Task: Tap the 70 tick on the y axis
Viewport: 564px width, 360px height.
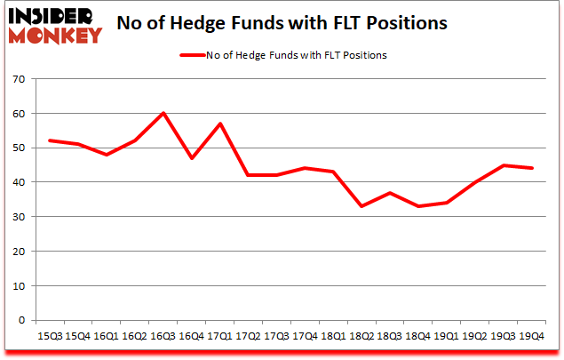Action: point(20,80)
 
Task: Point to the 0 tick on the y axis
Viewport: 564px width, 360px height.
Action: point(23,321)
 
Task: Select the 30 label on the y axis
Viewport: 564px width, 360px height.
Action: point(20,218)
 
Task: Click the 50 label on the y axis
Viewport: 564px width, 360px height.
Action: point(20,148)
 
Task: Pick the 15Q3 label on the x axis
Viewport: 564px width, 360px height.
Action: point(49,337)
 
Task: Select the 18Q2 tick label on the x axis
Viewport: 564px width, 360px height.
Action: point(364,337)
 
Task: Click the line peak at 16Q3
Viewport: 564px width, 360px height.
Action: point(163,114)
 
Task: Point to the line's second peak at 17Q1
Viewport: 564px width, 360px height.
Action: point(220,124)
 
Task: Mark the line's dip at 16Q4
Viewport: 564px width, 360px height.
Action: point(192,158)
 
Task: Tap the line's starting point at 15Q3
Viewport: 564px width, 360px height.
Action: point(49,140)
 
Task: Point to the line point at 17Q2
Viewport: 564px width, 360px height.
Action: point(249,175)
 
